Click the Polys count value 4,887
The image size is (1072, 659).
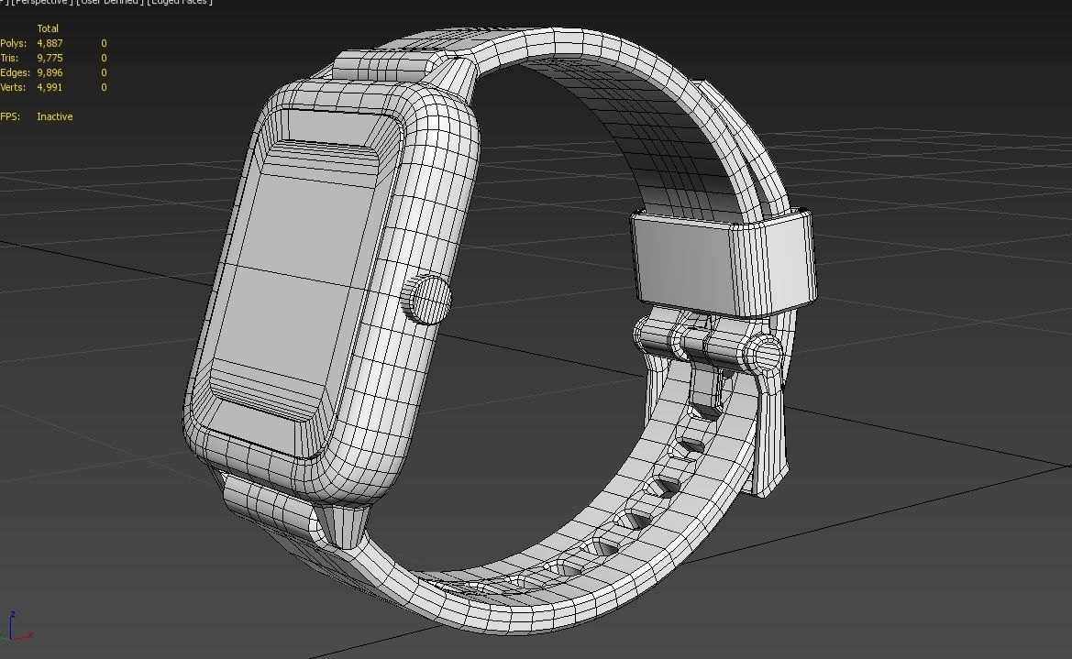[50, 43]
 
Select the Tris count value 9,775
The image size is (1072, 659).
[50, 58]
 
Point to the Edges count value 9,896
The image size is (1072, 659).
[50, 72]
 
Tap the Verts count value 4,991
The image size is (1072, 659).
[50, 87]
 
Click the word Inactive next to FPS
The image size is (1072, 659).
[54, 116]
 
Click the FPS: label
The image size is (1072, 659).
[10, 116]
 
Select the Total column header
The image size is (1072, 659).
[48, 28]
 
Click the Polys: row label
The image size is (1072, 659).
[14, 43]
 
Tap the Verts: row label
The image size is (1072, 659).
[14, 87]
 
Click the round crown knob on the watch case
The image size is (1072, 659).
[427, 299]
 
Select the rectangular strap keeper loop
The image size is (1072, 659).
[723, 260]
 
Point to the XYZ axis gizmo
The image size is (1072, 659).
[17, 628]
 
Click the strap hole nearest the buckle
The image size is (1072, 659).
[704, 409]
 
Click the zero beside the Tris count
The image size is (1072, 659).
[104, 58]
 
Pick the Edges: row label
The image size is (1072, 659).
[15, 72]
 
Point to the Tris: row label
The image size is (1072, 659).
[10, 58]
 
